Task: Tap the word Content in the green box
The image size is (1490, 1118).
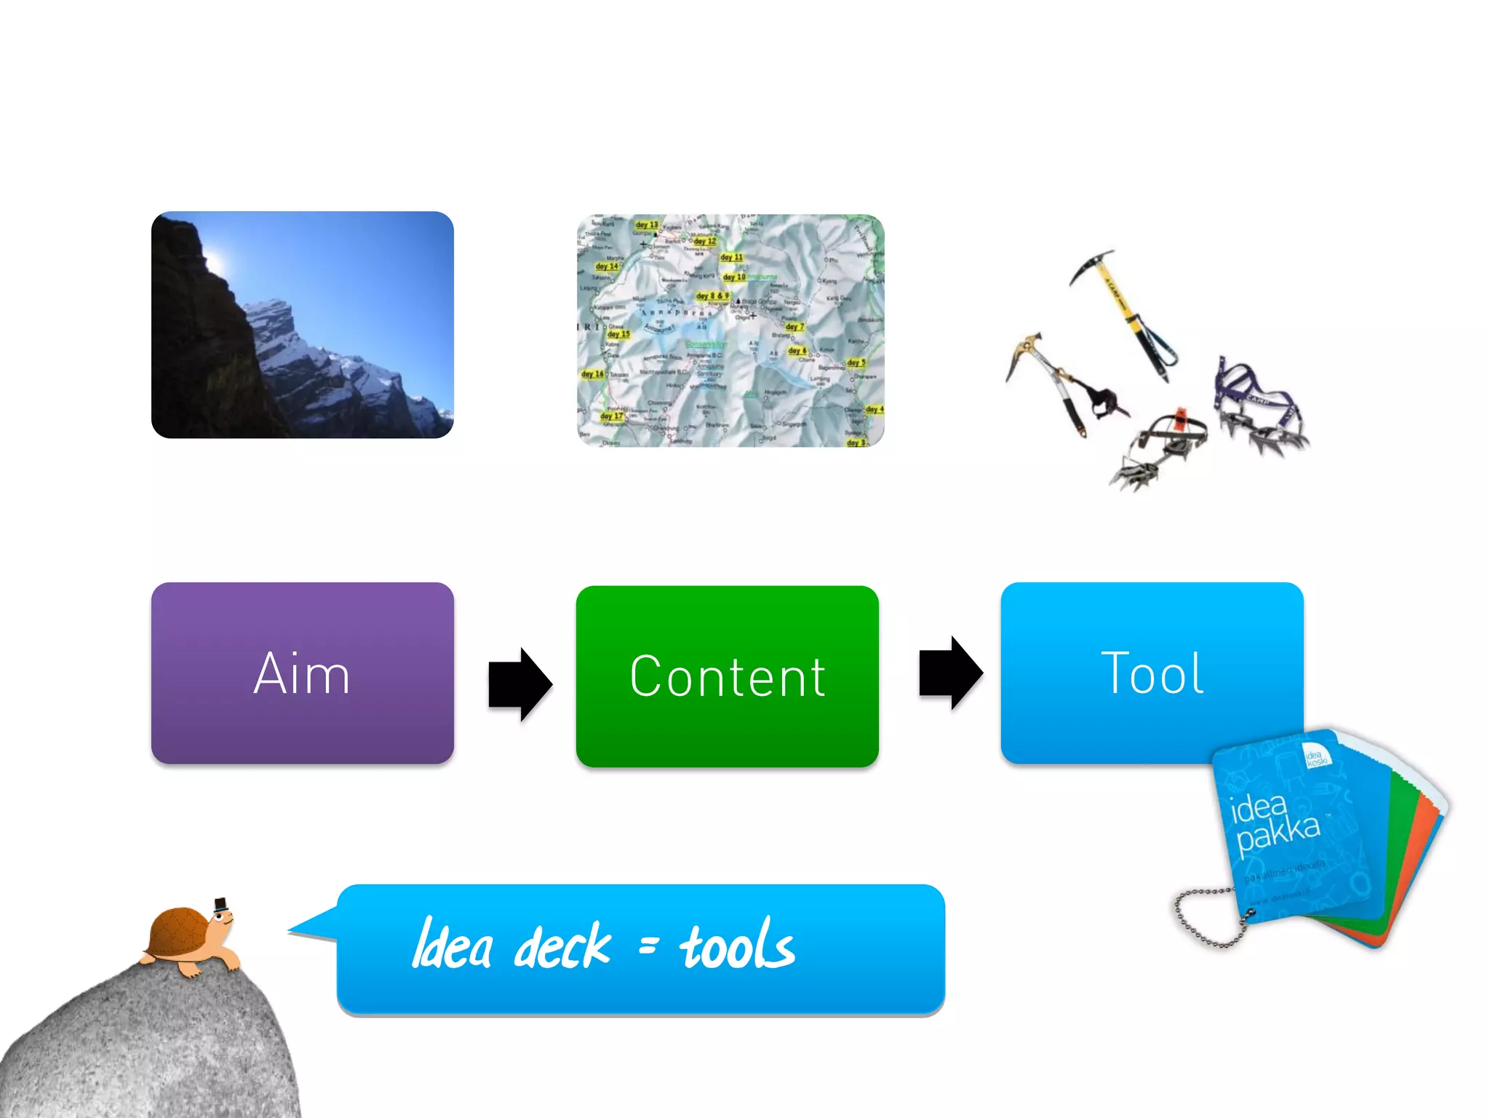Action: click(x=728, y=677)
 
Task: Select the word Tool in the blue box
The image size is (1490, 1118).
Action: click(x=1152, y=673)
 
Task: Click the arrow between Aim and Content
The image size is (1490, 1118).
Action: click(x=519, y=684)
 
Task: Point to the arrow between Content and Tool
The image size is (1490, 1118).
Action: click(x=950, y=673)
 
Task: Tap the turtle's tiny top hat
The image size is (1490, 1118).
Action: click(x=220, y=905)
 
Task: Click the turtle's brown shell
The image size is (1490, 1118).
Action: click(x=178, y=932)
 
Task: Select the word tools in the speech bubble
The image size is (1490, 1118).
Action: click(x=736, y=945)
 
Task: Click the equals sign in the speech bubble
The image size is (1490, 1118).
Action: click(x=648, y=945)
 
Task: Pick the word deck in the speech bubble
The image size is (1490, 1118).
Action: click(x=562, y=946)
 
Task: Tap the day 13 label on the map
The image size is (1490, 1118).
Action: click(x=646, y=225)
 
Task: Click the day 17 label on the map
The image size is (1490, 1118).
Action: click(x=612, y=416)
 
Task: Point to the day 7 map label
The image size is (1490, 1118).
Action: click(x=794, y=327)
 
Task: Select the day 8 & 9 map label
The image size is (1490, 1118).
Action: click(x=712, y=296)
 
